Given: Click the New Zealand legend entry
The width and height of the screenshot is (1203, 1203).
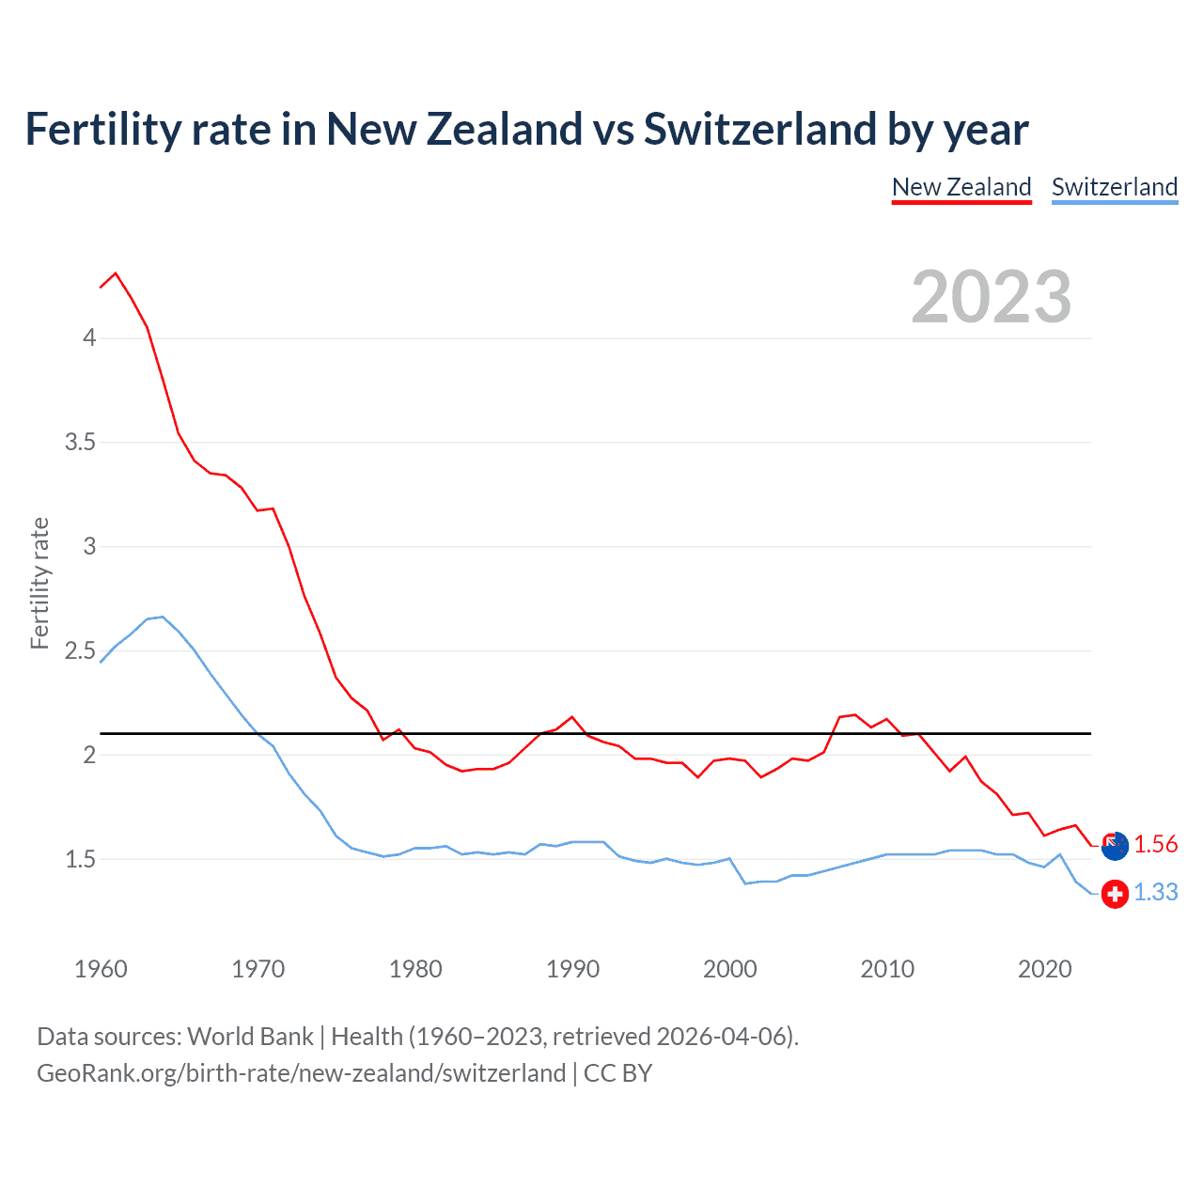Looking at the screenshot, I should click(961, 187).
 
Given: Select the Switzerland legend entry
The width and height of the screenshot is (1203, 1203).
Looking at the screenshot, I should click(1114, 187).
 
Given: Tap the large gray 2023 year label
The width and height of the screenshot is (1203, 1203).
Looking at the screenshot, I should click(992, 297).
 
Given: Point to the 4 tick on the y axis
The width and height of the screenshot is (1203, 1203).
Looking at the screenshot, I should click(89, 337).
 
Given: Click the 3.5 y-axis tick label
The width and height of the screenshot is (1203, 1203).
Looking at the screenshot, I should click(80, 442).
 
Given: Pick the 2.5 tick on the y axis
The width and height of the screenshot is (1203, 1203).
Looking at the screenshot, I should click(80, 650).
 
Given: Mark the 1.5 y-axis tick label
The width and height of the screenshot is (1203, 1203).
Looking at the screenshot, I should click(80, 859).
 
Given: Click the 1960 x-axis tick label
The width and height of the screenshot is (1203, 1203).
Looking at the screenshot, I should click(101, 969).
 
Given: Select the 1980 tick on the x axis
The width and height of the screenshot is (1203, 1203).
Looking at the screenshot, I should click(415, 969).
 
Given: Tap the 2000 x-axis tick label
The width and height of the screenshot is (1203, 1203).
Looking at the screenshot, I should click(729, 969).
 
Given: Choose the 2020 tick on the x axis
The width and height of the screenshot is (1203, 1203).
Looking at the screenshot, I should click(1044, 969).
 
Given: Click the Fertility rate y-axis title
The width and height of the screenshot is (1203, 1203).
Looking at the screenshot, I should click(39, 583).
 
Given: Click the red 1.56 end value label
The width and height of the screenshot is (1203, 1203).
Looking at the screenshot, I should click(1155, 844).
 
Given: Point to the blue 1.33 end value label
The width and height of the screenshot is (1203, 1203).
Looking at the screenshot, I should click(1155, 892).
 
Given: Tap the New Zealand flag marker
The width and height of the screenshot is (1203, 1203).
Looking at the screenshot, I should click(1115, 846).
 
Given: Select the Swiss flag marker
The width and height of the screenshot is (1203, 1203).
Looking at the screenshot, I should click(1115, 894).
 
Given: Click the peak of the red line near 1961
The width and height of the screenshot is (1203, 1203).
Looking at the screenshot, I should click(116, 273).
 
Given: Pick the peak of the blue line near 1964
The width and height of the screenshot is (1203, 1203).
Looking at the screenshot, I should click(163, 617).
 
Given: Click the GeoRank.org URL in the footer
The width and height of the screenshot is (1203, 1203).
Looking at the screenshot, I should click(301, 1073).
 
